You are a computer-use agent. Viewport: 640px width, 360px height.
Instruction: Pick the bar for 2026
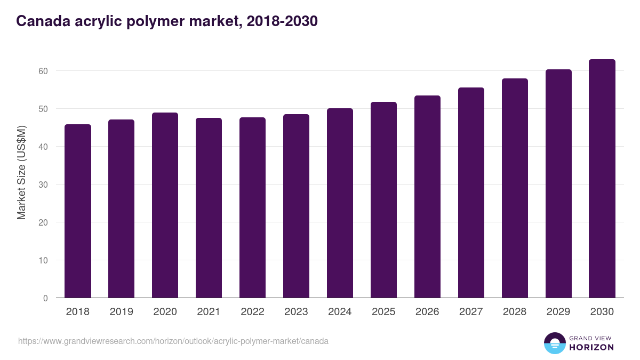pyautogui.click(x=427, y=197)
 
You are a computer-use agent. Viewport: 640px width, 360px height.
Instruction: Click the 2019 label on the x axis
pyautogui.click(x=122, y=312)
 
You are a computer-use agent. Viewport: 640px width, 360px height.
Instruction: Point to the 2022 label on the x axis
pyautogui.click(x=252, y=312)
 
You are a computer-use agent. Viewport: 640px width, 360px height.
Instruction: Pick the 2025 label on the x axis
pyautogui.click(x=383, y=312)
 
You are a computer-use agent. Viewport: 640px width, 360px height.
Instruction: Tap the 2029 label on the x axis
pyautogui.click(x=558, y=312)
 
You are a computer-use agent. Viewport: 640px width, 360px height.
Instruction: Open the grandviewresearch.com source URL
pyautogui.click(x=173, y=341)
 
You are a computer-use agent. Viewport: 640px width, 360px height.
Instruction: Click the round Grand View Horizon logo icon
pyautogui.click(x=554, y=343)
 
